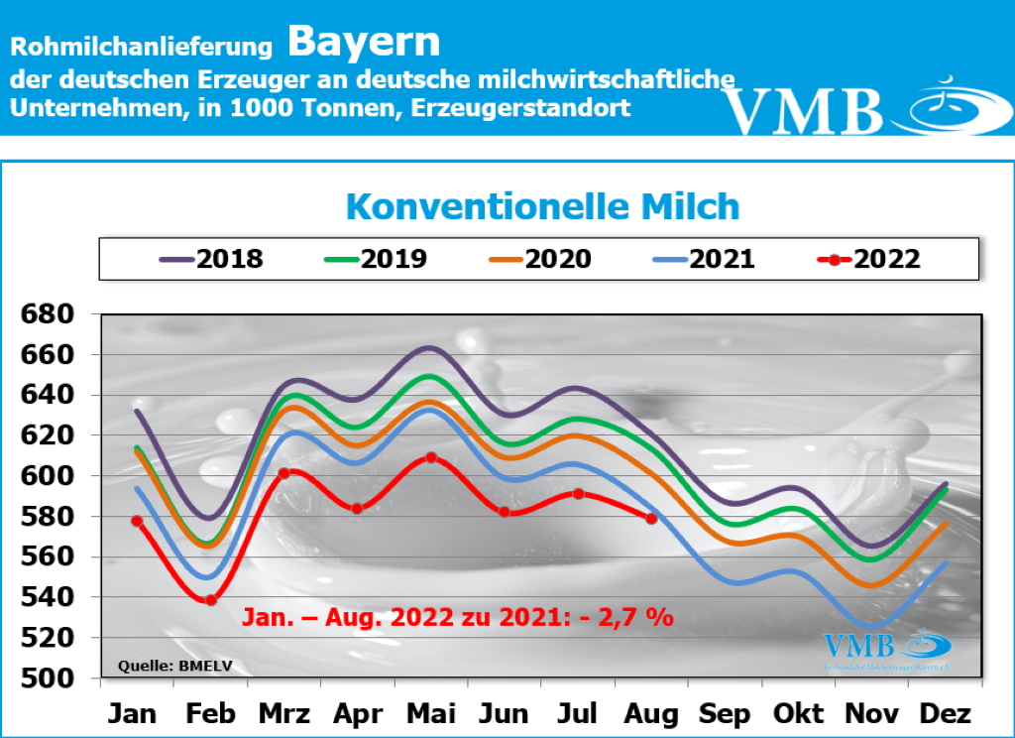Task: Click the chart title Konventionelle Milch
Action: point(542,206)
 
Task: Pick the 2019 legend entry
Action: point(376,260)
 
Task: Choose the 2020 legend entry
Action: point(540,260)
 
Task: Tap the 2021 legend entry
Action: point(704,260)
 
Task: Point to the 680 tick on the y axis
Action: point(49,314)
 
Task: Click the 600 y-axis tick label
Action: point(49,476)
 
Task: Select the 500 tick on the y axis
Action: point(49,678)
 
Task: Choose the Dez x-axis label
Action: point(946,713)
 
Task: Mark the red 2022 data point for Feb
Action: point(211,599)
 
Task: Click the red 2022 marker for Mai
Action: point(431,457)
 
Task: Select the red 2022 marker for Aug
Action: point(651,518)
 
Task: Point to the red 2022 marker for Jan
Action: point(137,521)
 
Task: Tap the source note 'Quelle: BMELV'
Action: point(175,666)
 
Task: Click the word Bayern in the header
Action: point(364,42)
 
